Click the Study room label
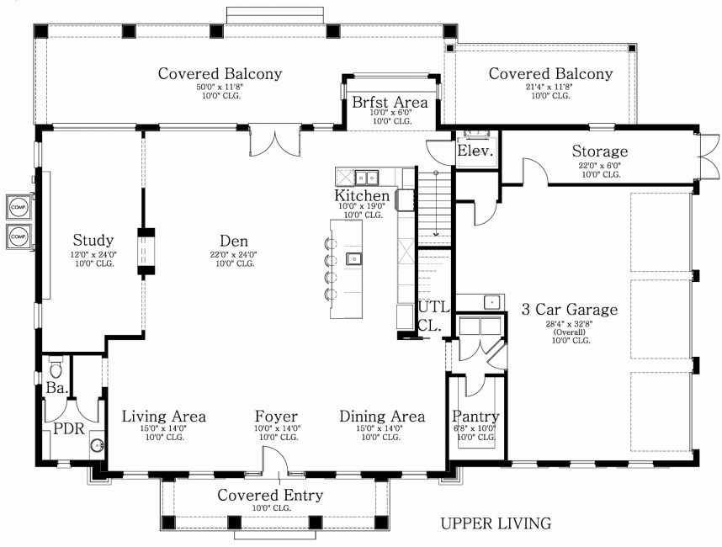pos(93,240)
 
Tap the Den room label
pos(234,241)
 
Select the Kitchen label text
pos(362,195)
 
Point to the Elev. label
pos(475,151)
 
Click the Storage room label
pos(600,151)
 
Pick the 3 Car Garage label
pos(570,309)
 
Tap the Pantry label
pos(475,417)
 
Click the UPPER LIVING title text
pos(496,523)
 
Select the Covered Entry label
pos(270,495)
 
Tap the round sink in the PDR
pos(97,445)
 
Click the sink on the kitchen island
pos(354,258)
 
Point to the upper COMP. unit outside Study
pos(19,207)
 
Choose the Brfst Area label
pos(390,102)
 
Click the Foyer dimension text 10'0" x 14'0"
pos(278,428)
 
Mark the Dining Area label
pos(382,417)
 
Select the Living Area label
pos(164,417)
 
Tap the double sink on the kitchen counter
pos(367,177)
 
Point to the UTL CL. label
pos(433,316)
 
